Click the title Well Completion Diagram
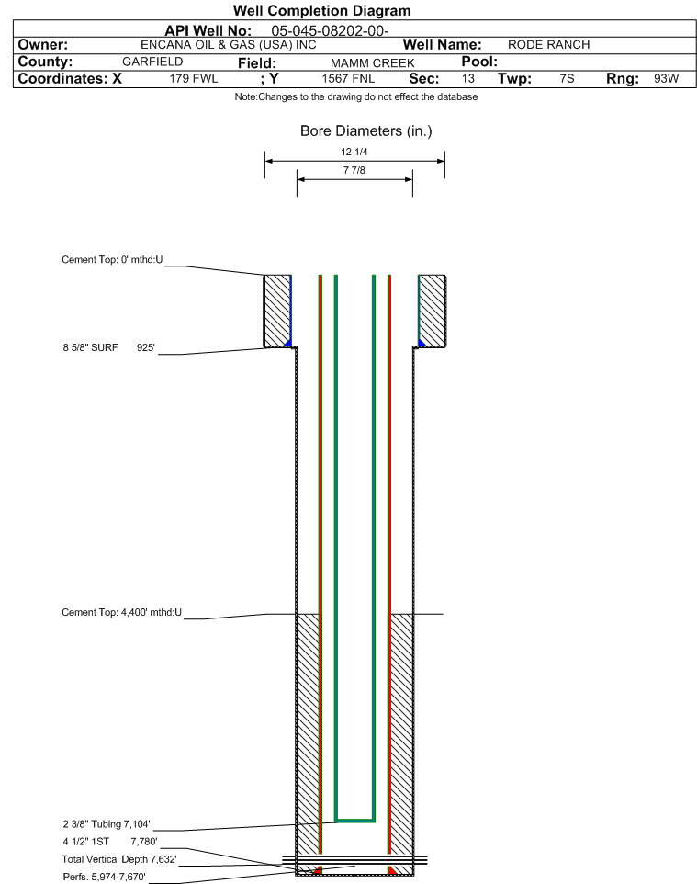(x=321, y=11)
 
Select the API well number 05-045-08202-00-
(x=330, y=30)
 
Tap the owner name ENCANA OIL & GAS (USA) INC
(x=229, y=45)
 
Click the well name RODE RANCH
(x=548, y=45)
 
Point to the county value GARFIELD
(x=152, y=62)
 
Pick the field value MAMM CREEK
(x=373, y=62)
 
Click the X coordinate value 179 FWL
(x=193, y=78)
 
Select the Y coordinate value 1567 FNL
(x=348, y=78)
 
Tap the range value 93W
(x=666, y=78)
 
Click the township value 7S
(x=567, y=78)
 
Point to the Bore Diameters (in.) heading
(x=365, y=130)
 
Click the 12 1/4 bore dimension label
(x=354, y=152)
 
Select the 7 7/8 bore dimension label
(x=354, y=170)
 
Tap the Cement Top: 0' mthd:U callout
(x=112, y=260)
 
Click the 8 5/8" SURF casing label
(x=90, y=348)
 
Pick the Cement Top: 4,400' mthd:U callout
(x=122, y=612)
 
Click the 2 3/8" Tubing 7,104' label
(x=107, y=824)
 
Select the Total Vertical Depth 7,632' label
(x=119, y=859)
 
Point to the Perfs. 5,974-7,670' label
(x=105, y=877)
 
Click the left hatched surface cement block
(x=277, y=311)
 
